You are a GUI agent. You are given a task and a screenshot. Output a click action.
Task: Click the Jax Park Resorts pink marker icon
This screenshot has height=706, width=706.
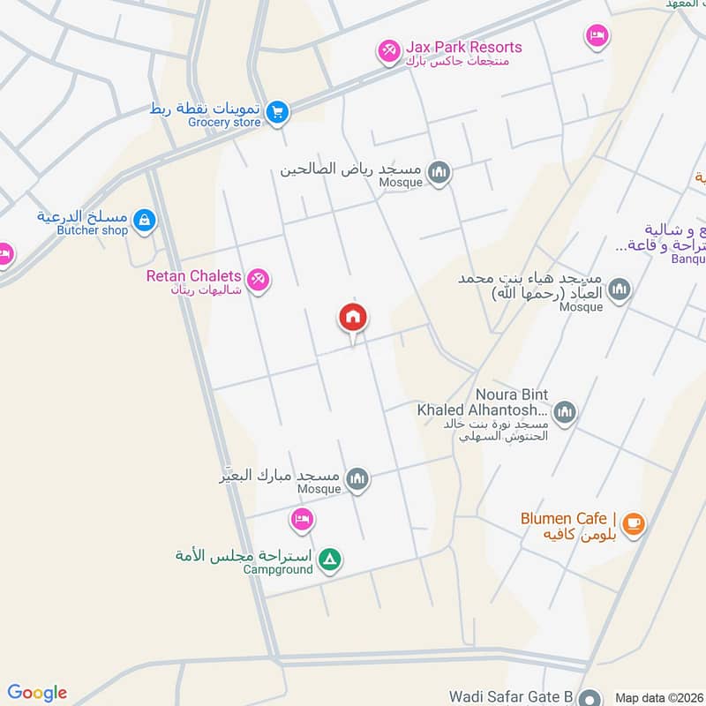click(388, 52)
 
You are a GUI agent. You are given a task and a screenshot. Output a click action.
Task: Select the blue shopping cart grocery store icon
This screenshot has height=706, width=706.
click(278, 112)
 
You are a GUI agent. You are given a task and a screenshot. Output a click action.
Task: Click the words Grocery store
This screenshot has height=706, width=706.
click(224, 123)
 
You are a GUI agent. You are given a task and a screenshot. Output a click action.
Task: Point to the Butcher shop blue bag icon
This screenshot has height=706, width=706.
click(146, 221)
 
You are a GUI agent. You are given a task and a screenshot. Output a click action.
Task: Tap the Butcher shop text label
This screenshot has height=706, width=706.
click(93, 230)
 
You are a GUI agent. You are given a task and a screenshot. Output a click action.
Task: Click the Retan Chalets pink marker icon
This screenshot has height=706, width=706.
click(258, 281)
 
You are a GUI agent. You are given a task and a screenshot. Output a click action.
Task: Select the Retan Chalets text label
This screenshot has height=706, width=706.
click(193, 276)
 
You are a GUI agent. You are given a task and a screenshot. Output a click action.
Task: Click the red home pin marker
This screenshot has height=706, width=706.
click(353, 318)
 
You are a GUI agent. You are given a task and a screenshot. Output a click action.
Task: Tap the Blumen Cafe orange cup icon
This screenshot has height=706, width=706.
click(633, 525)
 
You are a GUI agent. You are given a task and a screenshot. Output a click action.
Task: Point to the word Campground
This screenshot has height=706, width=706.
click(278, 569)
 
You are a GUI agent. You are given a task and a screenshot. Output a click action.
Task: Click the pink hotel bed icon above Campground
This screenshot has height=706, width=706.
click(302, 520)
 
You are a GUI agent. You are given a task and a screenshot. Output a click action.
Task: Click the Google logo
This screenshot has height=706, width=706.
click(37, 693)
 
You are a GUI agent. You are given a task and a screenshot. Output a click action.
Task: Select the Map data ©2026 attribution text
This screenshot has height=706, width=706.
click(658, 697)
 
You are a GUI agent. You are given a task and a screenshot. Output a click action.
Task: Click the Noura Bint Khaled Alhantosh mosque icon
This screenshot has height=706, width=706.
click(565, 411)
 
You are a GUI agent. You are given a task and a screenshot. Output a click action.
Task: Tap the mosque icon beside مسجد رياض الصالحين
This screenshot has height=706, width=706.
click(439, 173)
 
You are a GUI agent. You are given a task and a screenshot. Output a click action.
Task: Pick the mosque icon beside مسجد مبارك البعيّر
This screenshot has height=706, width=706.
click(357, 479)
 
